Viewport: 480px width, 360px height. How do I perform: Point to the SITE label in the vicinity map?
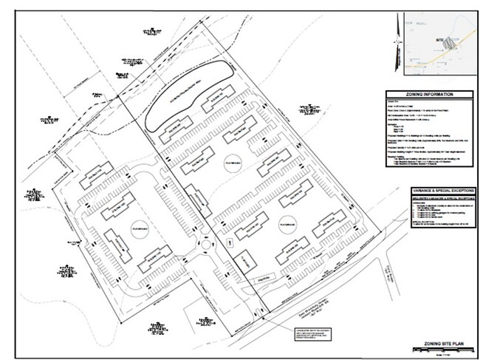(x=441, y=35)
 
